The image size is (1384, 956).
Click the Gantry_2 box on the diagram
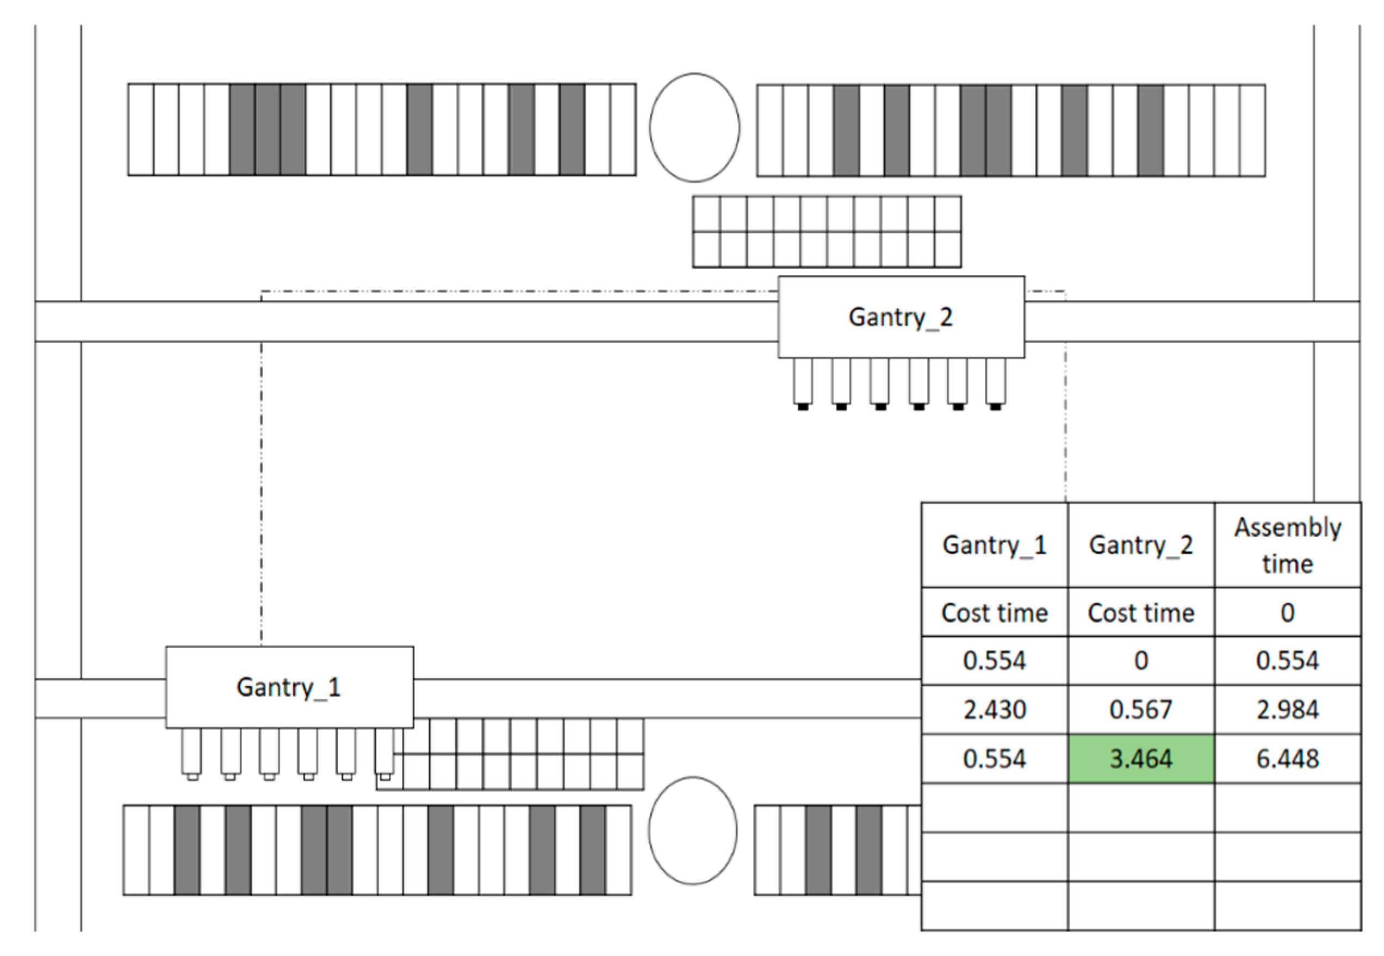[900, 317]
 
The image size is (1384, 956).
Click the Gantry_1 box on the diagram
[289, 686]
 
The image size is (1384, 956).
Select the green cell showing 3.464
[1140, 759]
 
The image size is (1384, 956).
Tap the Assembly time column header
[1287, 545]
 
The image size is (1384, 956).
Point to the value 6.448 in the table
[1287, 759]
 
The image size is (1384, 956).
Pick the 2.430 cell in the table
[994, 709]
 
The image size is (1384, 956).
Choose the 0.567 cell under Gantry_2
[1140, 709]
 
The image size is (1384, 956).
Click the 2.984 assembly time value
[1287, 709]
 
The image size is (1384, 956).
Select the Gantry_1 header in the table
[994, 545]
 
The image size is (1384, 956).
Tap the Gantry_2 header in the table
[1140, 545]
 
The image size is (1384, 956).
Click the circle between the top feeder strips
[694, 128]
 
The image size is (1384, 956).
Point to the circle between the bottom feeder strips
[692, 830]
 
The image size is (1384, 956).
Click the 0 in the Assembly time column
[1287, 612]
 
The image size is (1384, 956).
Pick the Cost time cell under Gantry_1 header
[994, 612]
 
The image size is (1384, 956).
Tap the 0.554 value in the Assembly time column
[1287, 660]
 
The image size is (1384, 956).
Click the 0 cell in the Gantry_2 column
[1140, 660]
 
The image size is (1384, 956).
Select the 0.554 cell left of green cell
[994, 759]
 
